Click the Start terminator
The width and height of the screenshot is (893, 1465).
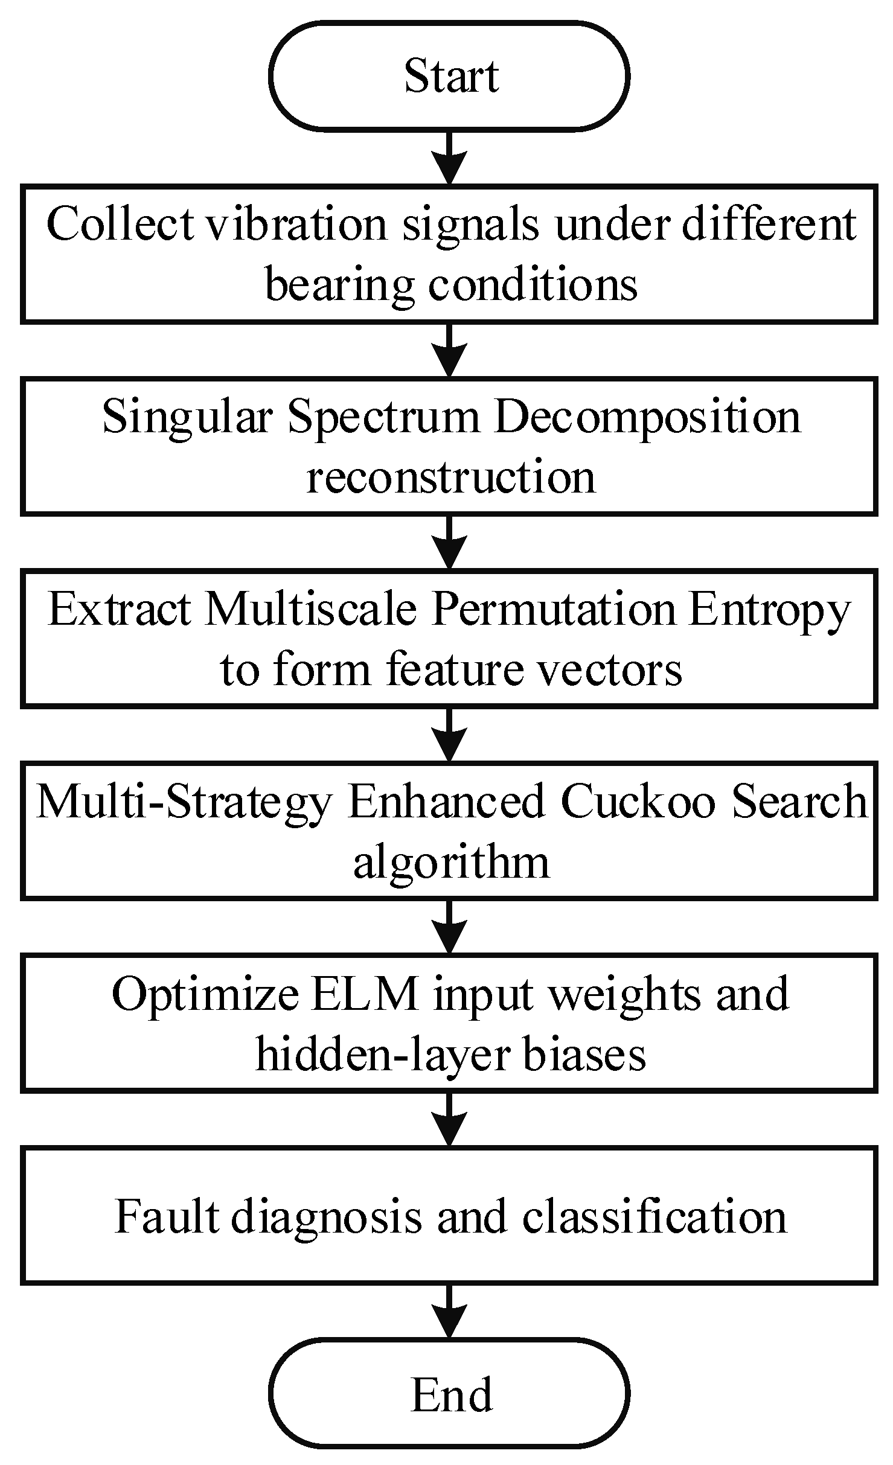[449, 76]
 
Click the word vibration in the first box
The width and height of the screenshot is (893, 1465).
[296, 225]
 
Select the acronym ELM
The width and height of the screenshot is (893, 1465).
[365, 994]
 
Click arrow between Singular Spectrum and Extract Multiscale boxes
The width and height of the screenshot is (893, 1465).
[449, 541]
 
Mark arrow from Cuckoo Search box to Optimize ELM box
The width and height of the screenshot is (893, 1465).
[449, 926]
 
